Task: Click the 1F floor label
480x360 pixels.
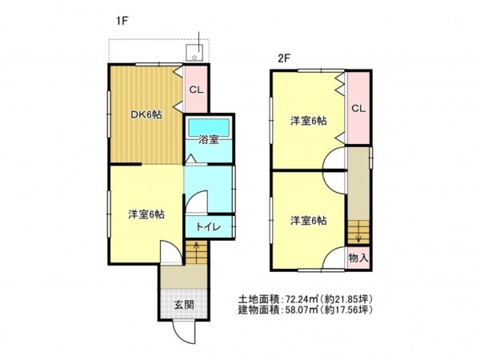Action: [122, 22]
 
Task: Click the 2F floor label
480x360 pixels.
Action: [284, 58]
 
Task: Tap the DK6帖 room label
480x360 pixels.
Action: [147, 115]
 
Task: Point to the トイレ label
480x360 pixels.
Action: [209, 227]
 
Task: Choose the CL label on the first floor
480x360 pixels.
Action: [195, 89]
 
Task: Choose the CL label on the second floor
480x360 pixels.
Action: [358, 109]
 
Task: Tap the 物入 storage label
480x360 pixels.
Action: [359, 258]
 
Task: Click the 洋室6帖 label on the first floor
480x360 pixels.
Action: [147, 214]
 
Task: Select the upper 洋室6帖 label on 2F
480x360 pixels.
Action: [309, 121]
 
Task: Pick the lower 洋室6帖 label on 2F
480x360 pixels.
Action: [309, 220]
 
